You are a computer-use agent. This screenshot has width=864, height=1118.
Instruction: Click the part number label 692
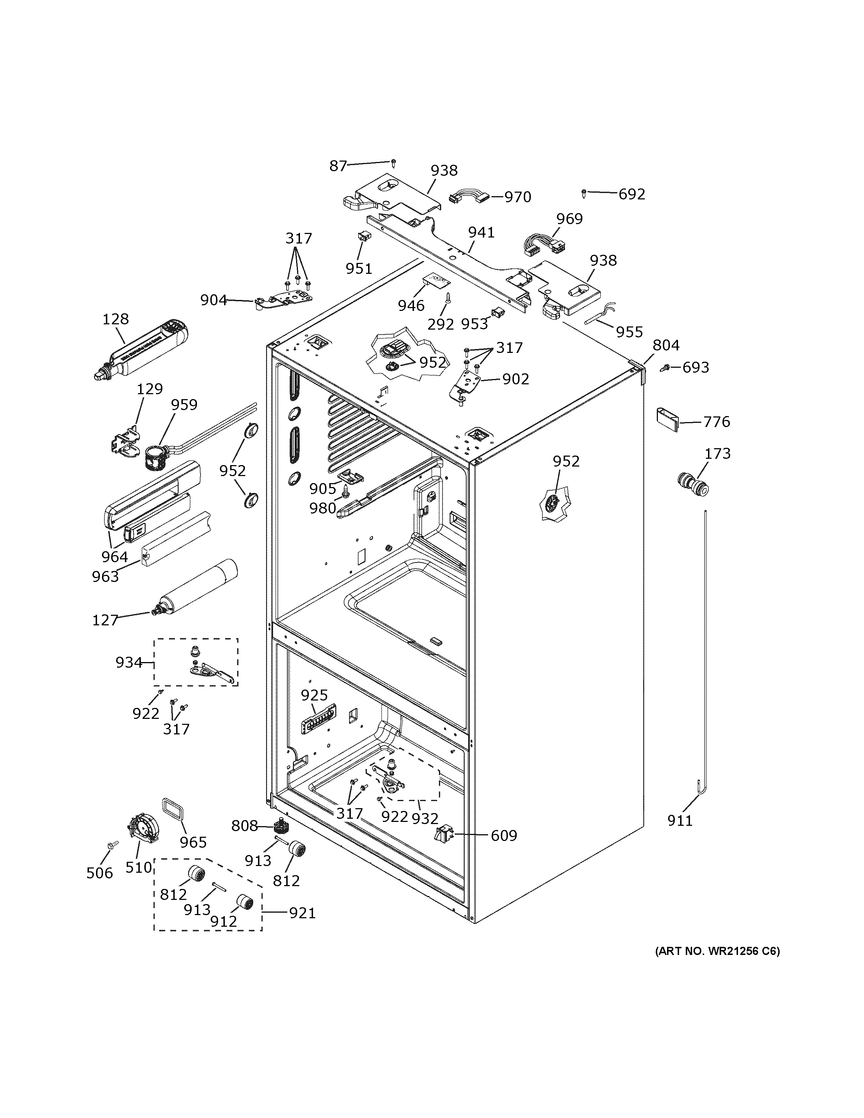tap(632, 194)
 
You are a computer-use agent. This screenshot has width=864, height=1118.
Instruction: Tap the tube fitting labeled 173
tap(692, 484)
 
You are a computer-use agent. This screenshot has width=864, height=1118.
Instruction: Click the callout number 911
tap(680, 821)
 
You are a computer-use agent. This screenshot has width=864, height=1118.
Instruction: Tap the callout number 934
tap(128, 662)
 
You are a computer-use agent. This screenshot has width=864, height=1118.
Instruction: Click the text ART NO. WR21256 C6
tap(718, 951)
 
